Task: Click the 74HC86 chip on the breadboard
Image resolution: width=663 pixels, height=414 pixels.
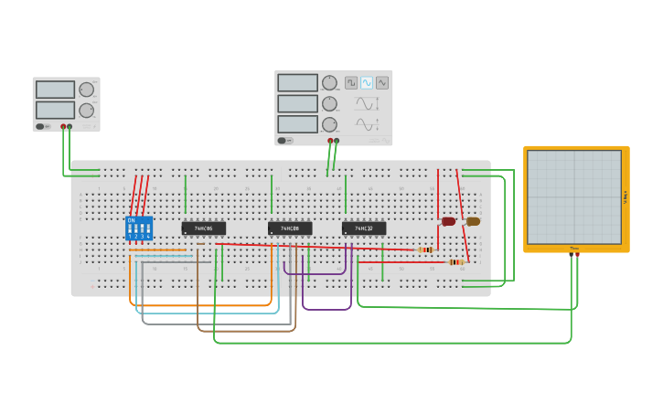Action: [203, 228]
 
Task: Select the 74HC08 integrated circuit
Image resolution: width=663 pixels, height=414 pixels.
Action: [290, 228]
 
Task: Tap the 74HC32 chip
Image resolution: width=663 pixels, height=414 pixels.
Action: [364, 228]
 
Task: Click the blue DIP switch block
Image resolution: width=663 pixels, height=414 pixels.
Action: [138, 228]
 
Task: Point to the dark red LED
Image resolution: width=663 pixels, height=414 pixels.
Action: [448, 221]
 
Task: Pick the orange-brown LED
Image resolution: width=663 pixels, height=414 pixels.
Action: [473, 221]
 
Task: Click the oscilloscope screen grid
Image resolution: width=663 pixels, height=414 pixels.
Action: [574, 196]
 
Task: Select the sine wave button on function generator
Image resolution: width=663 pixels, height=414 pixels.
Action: [367, 82]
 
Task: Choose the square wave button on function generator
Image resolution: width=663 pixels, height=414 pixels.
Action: [351, 82]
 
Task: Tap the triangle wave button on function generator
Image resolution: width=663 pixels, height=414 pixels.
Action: [382, 82]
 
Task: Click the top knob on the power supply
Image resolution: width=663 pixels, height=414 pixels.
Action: [86, 90]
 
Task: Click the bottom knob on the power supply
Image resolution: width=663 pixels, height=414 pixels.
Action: [86, 111]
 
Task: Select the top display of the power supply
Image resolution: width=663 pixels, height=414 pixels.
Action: [55, 90]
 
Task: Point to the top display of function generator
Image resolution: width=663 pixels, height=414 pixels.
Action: [297, 82]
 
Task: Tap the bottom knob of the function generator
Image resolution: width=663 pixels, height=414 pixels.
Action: [329, 124]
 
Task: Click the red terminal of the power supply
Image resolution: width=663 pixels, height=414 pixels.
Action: [63, 126]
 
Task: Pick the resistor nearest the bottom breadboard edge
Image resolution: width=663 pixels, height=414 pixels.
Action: [455, 262]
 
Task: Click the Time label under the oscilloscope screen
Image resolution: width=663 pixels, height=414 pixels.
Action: [574, 248]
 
